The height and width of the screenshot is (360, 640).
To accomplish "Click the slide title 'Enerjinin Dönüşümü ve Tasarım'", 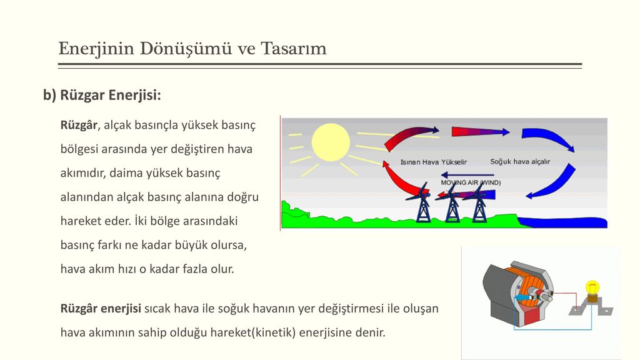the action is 192,49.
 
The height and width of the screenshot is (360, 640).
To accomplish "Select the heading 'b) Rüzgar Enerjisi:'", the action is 102,95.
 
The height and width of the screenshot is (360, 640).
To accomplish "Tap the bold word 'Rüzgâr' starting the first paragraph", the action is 79,124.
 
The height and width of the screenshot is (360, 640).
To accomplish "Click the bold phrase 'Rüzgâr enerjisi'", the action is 101,309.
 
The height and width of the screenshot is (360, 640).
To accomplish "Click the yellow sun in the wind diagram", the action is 331,142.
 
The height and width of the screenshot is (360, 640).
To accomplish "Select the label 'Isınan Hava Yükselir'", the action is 434,162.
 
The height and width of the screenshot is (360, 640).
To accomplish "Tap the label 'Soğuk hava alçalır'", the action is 520,162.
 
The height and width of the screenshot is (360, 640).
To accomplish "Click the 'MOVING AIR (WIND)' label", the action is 471,182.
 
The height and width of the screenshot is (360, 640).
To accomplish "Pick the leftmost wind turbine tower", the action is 423,208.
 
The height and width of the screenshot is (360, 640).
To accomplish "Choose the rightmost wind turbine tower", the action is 479,208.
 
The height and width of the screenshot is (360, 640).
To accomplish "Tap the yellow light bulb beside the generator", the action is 592,289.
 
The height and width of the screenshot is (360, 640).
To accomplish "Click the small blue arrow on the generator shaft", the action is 519,297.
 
